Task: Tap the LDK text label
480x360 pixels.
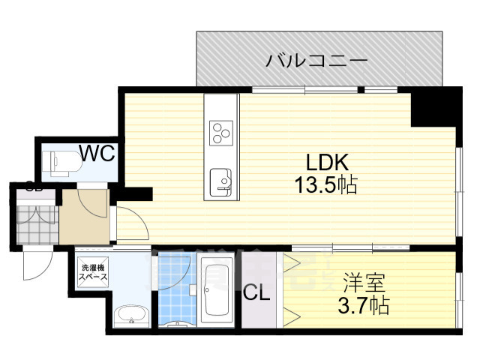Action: coord(323,161)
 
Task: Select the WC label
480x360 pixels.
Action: coord(97,154)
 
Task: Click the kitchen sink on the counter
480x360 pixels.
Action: coord(221,181)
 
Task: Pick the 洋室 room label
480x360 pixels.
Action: coord(364,284)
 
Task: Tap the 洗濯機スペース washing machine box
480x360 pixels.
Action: coord(94,272)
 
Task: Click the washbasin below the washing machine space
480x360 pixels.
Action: coord(132,316)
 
